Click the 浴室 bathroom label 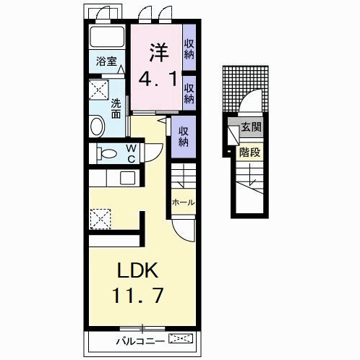[x=106, y=61]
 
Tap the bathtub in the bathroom [x=107, y=36]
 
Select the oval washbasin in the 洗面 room [x=98, y=126]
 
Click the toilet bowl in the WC [x=107, y=153]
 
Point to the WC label [x=131, y=153]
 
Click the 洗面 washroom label [x=116, y=109]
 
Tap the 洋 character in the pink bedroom [x=158, y=52]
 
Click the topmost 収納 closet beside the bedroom [x=189, y=49]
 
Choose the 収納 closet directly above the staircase [x=184, y=137]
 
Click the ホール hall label [x=183, y=202]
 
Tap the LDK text [x=137, y=270]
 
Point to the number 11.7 [x=138, y=296]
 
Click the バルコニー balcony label [x=140, y=341]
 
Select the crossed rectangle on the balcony [x=181, y=338]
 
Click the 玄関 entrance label [x=251, y=127]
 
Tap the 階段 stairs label [x=249, y=153]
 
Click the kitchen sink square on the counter [x=128, y=178]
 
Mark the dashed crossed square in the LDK [x=100, y=219]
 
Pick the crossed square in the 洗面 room [x=99, y=90]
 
